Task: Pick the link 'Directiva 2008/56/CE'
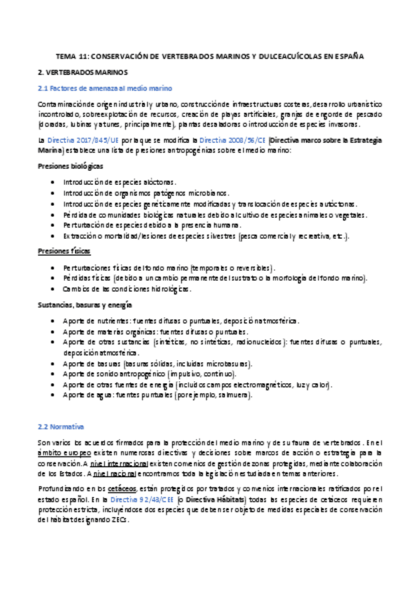coord(236,140)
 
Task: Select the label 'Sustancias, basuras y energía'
coord(83,305)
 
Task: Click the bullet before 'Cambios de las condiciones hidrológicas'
coord(55,289)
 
